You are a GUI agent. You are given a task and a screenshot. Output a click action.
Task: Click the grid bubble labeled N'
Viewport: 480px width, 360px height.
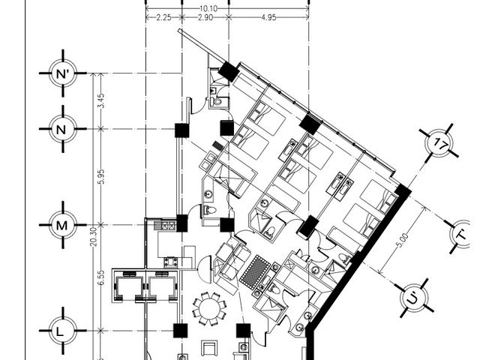click(x=63, y=73)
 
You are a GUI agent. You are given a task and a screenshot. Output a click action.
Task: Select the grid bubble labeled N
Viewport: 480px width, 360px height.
click(x=63, y=129)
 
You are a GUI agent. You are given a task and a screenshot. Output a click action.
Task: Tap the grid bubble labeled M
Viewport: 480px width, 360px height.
click(x=63, y=225)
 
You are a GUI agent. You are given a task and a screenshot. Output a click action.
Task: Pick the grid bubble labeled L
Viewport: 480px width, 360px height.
click(x=63, y=331)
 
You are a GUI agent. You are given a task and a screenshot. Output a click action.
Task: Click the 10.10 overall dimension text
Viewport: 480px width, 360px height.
click(x=208, y=9)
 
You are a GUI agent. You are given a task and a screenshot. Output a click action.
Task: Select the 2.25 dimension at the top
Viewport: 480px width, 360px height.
click(x=163, y=17)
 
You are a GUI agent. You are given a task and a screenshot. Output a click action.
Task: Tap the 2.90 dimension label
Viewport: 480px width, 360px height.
click(x=205, y=17)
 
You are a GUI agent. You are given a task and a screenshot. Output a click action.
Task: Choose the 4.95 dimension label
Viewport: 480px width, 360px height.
click(x=268, y=17)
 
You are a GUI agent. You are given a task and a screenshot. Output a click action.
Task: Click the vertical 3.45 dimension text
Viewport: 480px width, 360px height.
click(x=102, y=100)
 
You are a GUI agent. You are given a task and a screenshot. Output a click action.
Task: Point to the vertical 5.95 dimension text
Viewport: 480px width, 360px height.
click(x=102, y=177)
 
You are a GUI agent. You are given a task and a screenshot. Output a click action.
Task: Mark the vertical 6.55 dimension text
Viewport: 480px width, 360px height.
click(x=102, y=277)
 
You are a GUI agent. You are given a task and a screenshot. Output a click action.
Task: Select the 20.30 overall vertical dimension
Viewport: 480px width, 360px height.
click(x=94, y=236)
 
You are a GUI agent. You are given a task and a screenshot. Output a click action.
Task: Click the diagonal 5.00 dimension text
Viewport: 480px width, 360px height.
click(x=402, y=241)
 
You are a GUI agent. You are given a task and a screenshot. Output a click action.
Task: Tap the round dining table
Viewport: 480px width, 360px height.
click(x=210, y=309)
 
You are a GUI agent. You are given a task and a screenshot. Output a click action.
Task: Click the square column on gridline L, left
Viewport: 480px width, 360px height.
click(x=180, y=331)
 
